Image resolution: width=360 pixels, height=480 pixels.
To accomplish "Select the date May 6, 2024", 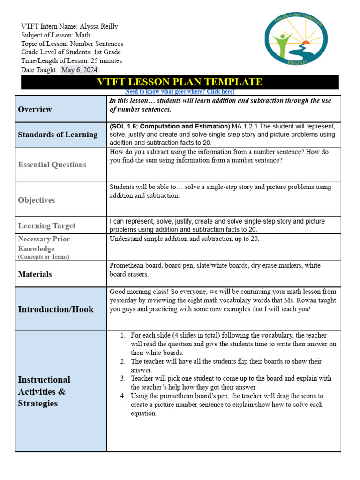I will click(80, 70).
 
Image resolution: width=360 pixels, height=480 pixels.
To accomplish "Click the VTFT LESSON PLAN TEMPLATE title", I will click(180, 82).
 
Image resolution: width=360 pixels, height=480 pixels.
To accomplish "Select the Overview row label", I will click(35, 109).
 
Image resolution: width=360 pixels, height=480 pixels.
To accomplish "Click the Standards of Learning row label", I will click(58, 135).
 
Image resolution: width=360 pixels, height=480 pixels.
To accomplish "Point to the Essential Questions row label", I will click(52, 165).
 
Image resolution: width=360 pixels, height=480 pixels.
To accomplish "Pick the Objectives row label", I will click(37, 200).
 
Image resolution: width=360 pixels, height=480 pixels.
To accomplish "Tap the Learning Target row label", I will click(47, 225).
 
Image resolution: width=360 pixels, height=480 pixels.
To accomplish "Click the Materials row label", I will click(35, 274).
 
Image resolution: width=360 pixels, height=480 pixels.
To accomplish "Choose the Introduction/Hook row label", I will click(55, 309).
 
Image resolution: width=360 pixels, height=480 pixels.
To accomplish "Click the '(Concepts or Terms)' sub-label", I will click(44, 257).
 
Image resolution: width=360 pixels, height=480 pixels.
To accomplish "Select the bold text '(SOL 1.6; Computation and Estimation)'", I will click(170, 127).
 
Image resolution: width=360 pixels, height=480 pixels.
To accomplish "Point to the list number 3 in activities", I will click(122, 378).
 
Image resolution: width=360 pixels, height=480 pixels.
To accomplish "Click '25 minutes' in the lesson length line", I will click(106, 61).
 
